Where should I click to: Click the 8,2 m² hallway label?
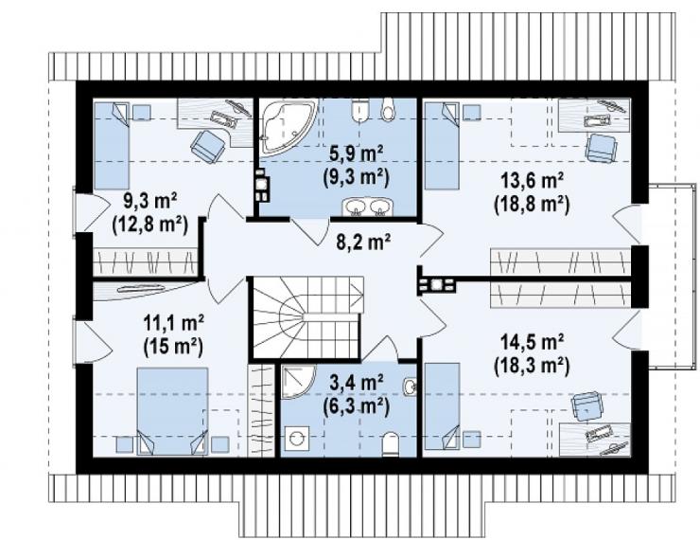(363, 242)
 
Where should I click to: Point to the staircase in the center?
(307, 317)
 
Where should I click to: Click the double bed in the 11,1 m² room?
(172, 411)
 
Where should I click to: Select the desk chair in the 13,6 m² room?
(602, 148)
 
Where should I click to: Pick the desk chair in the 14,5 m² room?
(588, 406)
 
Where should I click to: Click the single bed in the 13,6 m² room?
(442, 146)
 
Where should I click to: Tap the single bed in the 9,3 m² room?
(112, 146)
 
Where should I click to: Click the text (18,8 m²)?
(532, 205)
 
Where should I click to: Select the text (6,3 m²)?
(356, 405)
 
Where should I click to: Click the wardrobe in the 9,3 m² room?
(145, 261)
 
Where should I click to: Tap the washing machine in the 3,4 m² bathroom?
(296, 438)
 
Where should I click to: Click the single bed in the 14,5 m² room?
(442, 405)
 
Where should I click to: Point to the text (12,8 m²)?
(149, 225)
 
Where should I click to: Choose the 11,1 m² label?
(174, 322)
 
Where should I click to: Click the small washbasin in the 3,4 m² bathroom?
(410, 387)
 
